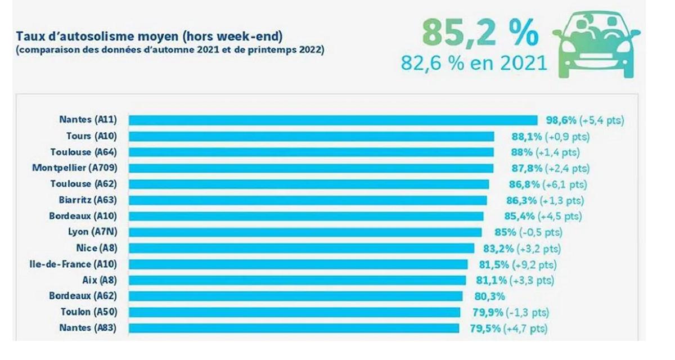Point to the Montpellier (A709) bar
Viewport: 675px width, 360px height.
pos(311,168)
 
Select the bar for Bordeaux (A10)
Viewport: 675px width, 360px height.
pos(306,216)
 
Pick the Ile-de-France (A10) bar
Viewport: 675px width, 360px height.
pos(298,264)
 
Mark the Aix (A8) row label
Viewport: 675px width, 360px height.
pos(103,280)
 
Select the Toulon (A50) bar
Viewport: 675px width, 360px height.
pos(294,312)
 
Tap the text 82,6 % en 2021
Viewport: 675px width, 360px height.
pos(474,62)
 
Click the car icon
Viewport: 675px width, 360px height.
pos(597,46)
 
